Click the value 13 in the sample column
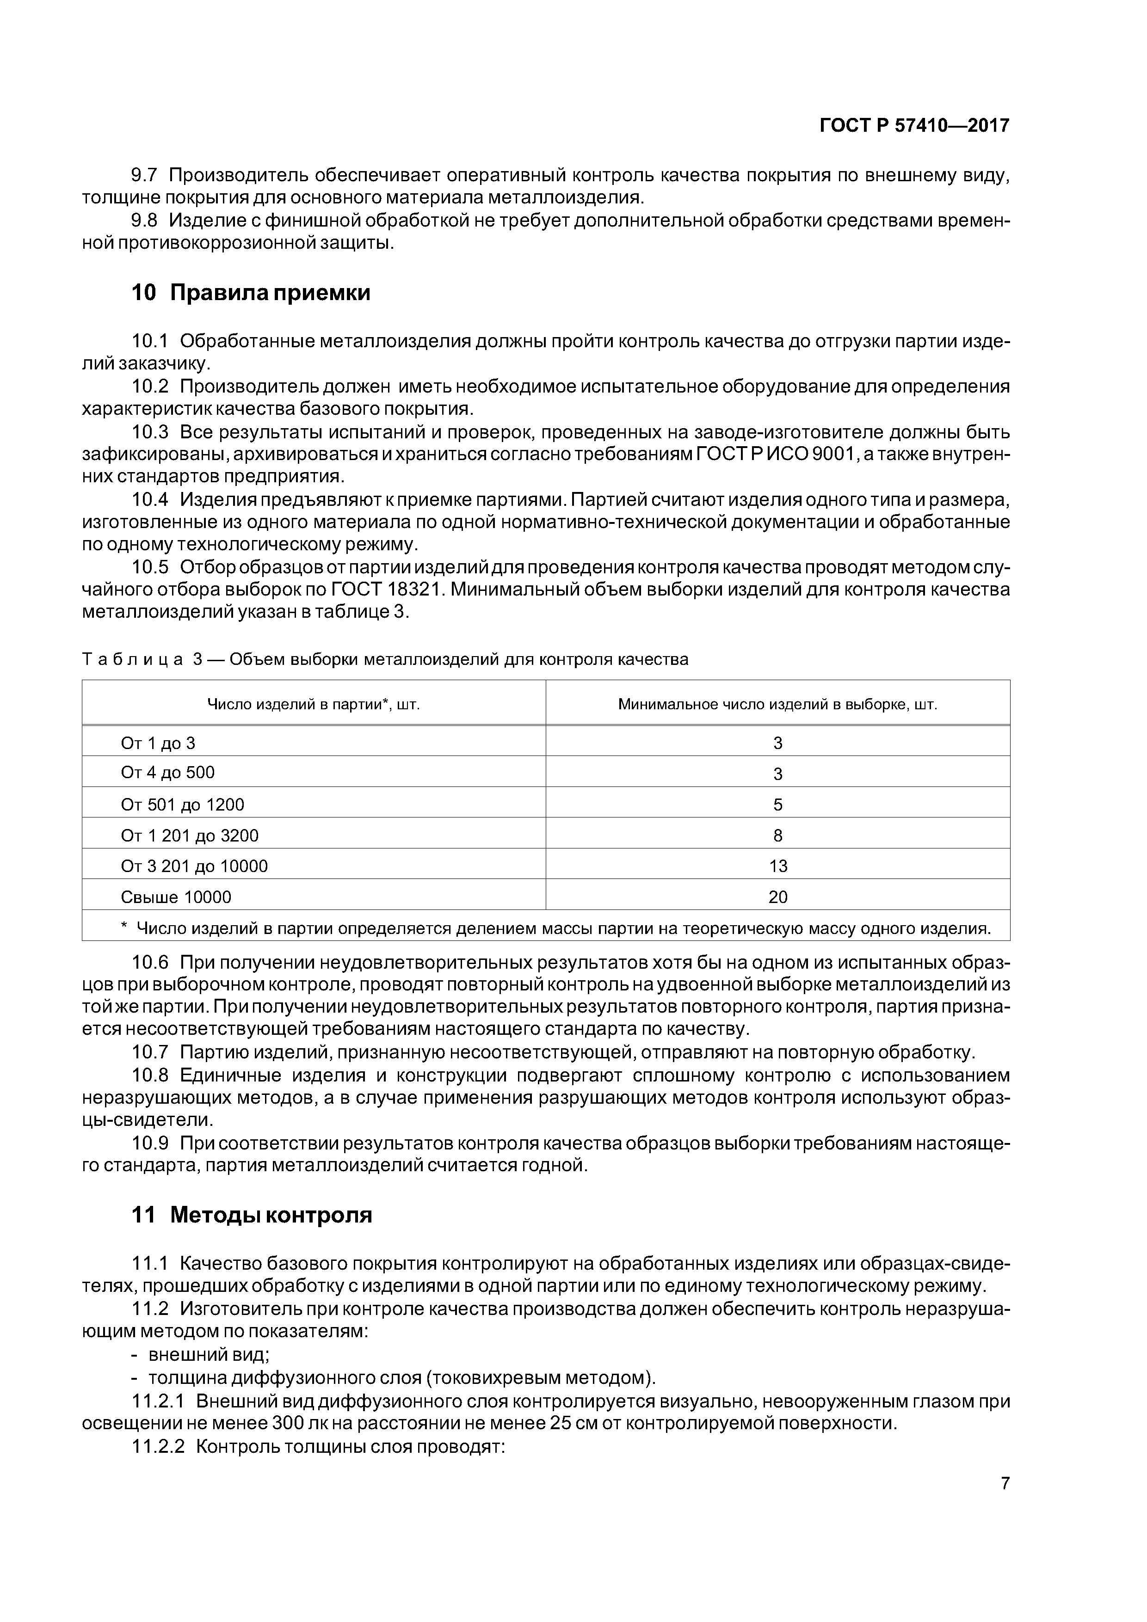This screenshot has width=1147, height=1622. pos(777,866)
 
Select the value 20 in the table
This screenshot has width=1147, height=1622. pos(777,897)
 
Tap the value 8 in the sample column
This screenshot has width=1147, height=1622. pos(777,836)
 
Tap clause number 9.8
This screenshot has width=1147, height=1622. pos(144,221)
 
